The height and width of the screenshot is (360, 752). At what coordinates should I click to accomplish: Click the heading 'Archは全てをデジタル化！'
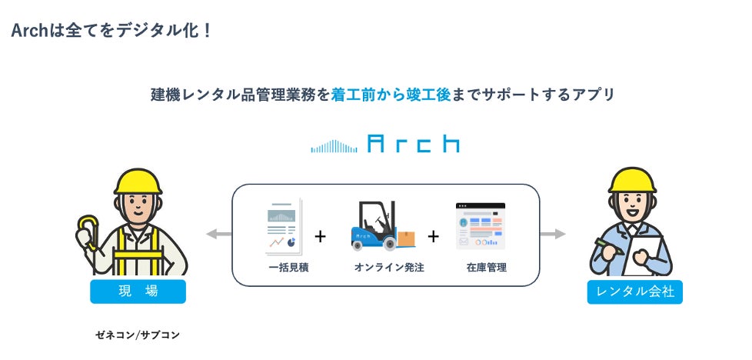tap(111, 32)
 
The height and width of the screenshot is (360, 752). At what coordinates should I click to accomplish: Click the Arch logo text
tap(414, 144)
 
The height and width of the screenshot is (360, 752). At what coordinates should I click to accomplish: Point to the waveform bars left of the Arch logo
tap(334, 146)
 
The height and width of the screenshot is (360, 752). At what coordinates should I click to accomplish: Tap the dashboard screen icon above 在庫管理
tap(481, 226)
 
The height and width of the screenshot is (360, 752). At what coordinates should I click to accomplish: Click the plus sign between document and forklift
tap(320, 236)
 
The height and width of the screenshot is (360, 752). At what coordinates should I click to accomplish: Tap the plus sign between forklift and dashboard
tap(433, 236)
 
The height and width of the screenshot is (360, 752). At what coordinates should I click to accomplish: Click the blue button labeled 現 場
tap(138, 292)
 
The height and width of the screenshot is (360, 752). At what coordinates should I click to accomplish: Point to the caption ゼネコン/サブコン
tap(138, 335)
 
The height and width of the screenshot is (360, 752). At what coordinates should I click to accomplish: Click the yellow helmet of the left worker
tap(138, 181)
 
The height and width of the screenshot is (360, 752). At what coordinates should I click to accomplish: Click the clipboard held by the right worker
tap(644, 254)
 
